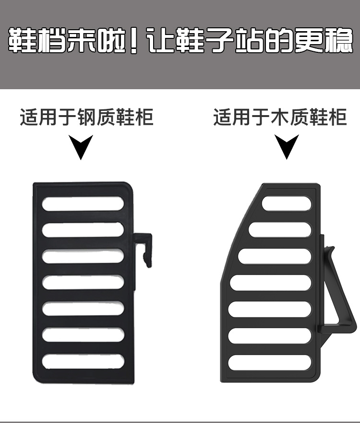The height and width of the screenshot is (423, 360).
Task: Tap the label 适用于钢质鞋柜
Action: coord(87,117)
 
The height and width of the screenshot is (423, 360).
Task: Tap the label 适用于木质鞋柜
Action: coord(280,117)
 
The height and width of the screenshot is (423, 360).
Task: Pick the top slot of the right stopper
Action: coord(287,203)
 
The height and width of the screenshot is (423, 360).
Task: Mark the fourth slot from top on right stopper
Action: coord(271,282)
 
